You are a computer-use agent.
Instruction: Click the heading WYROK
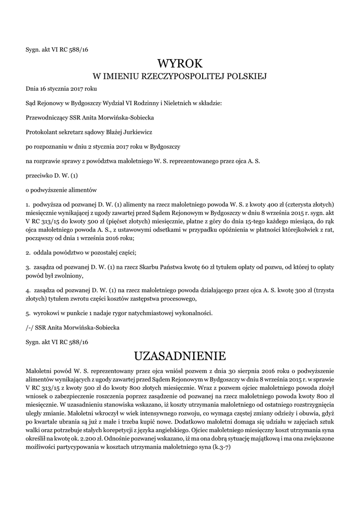180,63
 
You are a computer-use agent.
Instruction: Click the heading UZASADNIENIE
180,356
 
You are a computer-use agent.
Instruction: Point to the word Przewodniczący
46,118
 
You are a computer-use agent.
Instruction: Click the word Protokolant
42,132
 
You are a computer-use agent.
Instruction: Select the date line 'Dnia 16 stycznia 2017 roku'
61,89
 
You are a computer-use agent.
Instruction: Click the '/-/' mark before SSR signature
30,327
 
